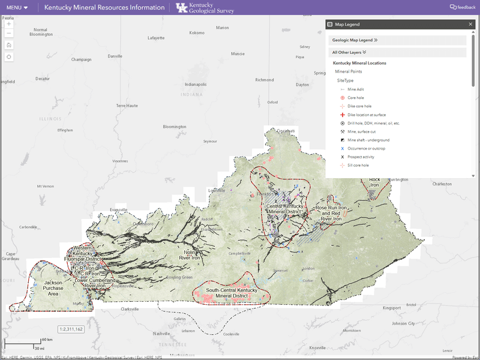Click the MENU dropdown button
point(17,8)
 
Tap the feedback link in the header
point(463,8)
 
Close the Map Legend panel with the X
point(470,24)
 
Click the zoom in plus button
point(9,25)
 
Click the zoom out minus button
point(9,33)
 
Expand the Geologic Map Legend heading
point(355,40)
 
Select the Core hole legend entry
point(356,97)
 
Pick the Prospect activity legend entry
point(361,156)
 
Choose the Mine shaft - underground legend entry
point(367,139)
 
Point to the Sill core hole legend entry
point(358,164)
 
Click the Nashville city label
point(161,334)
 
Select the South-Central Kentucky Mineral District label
point(232,293)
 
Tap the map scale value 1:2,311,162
point(71,329)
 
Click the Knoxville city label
point(318,348)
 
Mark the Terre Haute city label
point(127,106)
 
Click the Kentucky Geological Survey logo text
point(202,8)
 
